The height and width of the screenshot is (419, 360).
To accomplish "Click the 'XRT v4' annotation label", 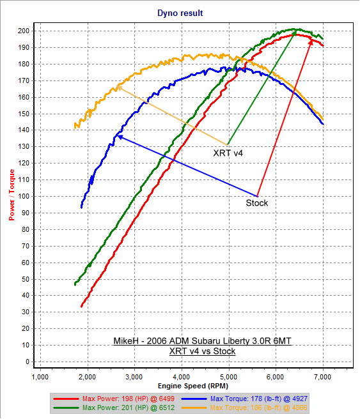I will [228, 153].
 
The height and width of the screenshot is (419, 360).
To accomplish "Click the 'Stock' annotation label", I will [257, 202].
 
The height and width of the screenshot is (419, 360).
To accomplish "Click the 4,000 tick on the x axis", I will [182, 376].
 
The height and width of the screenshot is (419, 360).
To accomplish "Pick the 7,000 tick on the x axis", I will [323, 376].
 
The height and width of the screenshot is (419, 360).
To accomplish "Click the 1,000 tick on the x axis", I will [40, 376].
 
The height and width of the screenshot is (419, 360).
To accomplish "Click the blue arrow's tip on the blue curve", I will [116, 136].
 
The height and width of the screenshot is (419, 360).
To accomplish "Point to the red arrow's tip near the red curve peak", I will [311, 39].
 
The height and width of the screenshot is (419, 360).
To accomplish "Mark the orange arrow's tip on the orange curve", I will [116, 88].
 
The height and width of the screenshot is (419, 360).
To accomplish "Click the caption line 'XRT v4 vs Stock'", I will [202, 351].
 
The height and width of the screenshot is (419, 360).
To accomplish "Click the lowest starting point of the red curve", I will [81, 307].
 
